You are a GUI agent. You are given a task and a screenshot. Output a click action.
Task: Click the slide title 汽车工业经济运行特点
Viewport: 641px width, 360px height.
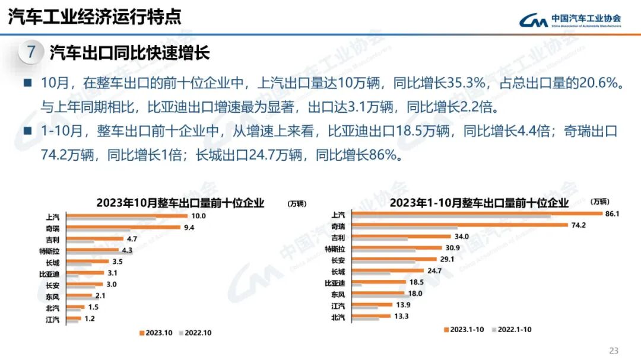[x=94, y=16]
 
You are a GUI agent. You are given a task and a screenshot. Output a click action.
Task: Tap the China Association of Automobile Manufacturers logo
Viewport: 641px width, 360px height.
[x=570, y=20]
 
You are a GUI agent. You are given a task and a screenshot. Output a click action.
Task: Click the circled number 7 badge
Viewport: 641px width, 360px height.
[x=31, y=53]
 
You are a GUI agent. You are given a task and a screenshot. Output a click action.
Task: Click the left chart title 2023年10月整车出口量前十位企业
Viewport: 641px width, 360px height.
[x=180, y=202]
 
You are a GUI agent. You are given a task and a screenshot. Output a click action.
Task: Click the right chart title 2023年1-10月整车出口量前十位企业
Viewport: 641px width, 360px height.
[x=479, y=202]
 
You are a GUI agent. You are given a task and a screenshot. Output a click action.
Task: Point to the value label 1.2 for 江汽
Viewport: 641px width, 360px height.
[x=89, y=318]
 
